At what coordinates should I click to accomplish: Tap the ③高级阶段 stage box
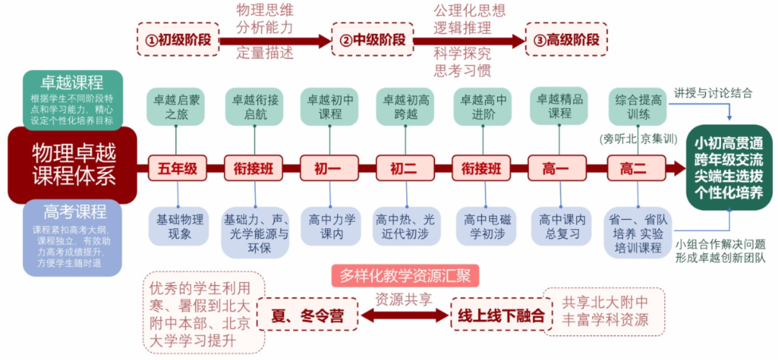point(566,40)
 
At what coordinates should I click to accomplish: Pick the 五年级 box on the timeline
point(177,169)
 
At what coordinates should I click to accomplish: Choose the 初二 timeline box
point(405,169)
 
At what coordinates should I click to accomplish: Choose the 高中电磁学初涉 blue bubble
point(483,225)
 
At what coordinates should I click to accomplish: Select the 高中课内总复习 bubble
point(560,225)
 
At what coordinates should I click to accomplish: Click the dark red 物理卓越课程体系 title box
point(73,165)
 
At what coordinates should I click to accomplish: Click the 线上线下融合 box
point(498,315)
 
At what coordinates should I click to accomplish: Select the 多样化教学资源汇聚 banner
point(406,275)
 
